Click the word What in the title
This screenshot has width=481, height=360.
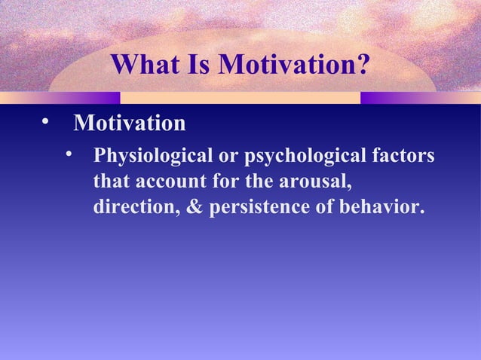[147, 66]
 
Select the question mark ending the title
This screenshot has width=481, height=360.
[363, 66]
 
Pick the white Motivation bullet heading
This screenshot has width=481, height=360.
[129, 122]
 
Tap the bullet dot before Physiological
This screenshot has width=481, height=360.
[70, 156]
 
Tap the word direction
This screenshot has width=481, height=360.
[134, 206]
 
